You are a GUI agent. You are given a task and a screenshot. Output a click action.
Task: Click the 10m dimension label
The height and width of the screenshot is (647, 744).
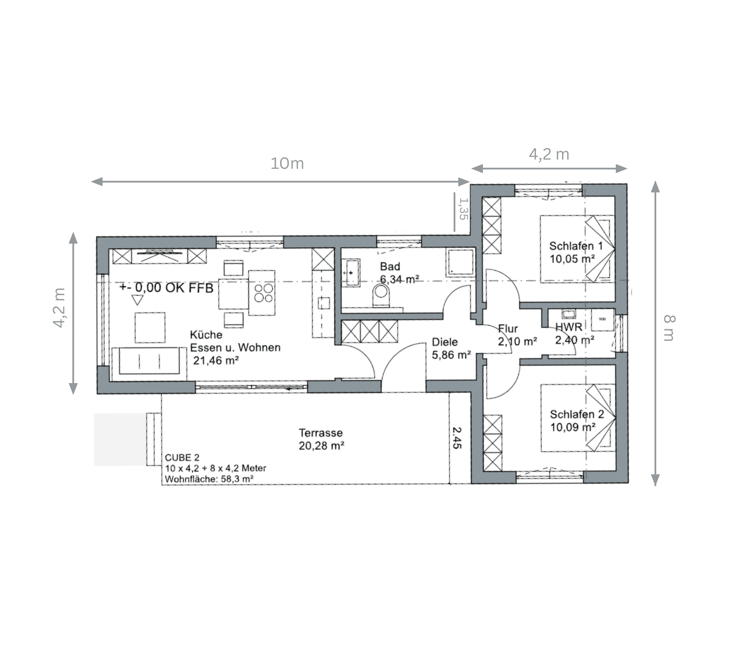point(287,164)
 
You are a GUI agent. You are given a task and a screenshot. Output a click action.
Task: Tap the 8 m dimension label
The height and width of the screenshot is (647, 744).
point(669,328)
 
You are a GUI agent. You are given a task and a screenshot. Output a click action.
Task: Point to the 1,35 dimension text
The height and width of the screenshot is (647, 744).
point(463,209)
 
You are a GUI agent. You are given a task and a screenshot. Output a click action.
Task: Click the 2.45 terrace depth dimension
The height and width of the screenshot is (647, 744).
point(457,437)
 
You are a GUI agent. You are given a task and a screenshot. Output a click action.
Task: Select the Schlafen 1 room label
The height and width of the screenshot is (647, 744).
point(576,246)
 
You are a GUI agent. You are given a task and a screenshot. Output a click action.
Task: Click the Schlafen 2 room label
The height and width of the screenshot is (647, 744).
point(577,414)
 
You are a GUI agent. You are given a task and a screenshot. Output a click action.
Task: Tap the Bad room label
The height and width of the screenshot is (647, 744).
point(390,266)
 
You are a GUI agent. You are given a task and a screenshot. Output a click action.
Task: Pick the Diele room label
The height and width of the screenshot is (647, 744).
point(445,342)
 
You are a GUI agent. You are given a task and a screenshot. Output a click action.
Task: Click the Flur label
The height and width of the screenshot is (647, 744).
point(508,329)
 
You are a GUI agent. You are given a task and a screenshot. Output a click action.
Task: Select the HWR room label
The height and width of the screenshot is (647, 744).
point(569,327)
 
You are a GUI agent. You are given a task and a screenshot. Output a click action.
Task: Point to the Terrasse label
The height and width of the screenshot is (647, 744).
point(321,433)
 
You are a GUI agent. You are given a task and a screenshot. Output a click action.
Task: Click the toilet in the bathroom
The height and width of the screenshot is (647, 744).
point(381,294)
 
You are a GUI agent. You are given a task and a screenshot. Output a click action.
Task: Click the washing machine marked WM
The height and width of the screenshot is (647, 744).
point(602,320)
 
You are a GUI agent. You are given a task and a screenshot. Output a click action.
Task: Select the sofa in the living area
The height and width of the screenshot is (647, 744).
point(149,361)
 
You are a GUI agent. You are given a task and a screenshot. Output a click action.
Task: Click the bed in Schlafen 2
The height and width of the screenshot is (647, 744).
point(578,418)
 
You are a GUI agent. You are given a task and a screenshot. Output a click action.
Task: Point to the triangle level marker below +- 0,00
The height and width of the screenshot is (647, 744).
point(137,300)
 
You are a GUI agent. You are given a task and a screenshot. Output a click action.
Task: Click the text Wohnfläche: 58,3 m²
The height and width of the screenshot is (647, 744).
point(209,479)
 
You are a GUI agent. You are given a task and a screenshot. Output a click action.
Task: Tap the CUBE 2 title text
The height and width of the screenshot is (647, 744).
point(182,457)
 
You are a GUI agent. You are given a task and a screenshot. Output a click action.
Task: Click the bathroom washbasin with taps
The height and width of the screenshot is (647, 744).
point(350,272)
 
